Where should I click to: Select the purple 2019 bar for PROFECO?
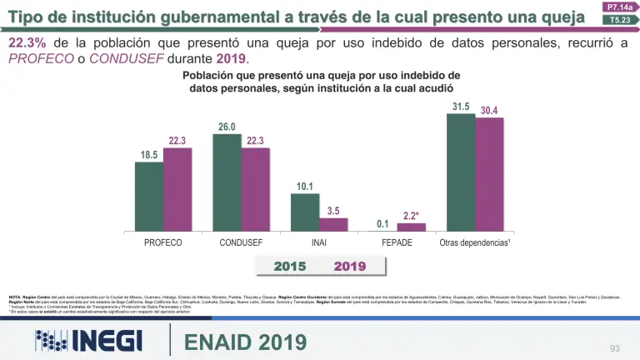click(177, 189)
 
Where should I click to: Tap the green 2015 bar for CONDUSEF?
click(227, 182)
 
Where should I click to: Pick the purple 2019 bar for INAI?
click(333, 224)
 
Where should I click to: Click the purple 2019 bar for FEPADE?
click(411, 227)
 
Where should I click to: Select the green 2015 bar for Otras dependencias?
click(461, 172)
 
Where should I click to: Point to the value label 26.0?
click(227, 127)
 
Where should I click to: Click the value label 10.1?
click(305, 187)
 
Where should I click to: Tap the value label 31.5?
click(461, 107)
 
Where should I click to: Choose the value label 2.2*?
click(411, 216)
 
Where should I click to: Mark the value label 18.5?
click(149, 155)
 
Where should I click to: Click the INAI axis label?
click(319, 244)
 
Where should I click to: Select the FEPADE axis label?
click(397, 244)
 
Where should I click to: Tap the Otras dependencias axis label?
click(475, 244)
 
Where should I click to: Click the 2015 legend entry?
click(290, 267)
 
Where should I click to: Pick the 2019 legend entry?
click(350, 267)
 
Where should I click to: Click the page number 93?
click(615, 347)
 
